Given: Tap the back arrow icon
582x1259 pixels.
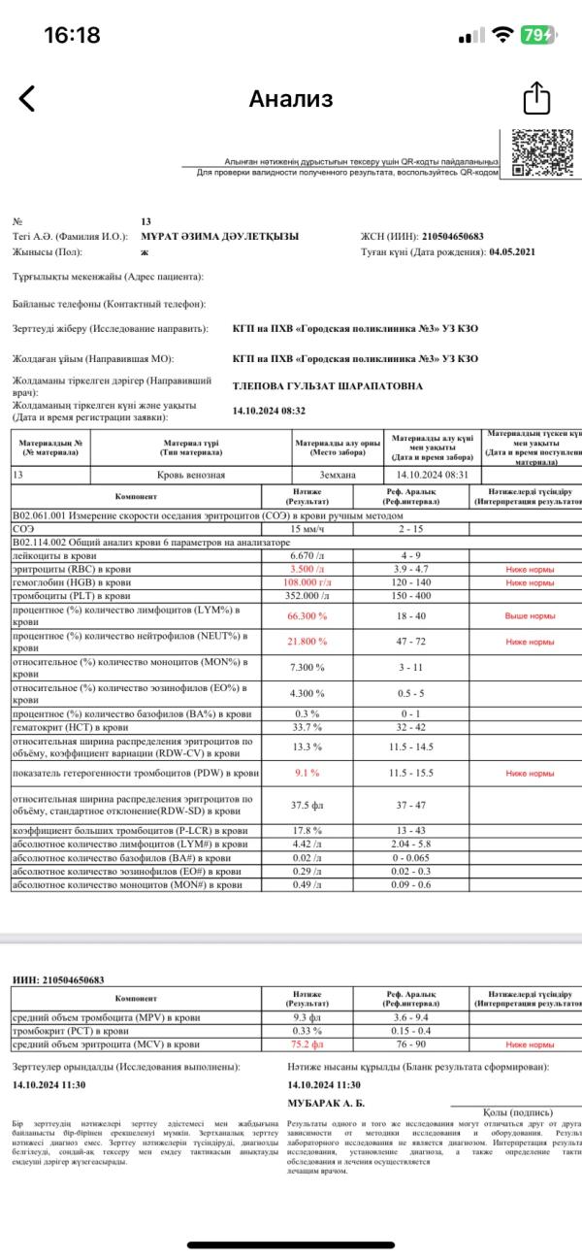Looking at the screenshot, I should click(27, 98).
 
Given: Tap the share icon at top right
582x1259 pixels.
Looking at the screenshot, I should click(535, 98).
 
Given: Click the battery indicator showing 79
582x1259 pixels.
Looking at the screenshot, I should click(537, 35).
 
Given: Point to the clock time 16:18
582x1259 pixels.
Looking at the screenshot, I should click(72, 35).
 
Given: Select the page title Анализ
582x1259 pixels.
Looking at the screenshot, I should click(291, 98).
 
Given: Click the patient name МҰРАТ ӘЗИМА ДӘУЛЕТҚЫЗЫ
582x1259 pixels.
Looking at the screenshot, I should click(219, 236).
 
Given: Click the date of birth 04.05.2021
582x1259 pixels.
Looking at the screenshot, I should click(512, 251).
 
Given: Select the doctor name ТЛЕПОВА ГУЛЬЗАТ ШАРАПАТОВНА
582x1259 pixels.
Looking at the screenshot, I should click(328, 386).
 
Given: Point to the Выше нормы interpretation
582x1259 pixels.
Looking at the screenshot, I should click(529, 615).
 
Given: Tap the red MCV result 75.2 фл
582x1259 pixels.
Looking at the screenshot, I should click(307, 1044).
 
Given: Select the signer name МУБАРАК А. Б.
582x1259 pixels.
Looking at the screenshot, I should click(326, 1104).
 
